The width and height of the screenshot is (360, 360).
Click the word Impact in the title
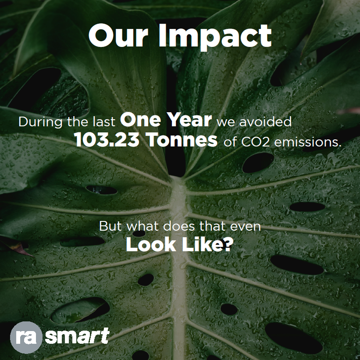(215, 36)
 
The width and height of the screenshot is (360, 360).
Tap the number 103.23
(107, 140)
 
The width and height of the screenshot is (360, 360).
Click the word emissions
(308, 142)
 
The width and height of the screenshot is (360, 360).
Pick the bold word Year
(189, 119)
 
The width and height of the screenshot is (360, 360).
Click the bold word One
(140, 120)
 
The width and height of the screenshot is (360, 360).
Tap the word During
(40, 122)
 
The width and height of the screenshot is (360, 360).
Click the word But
(110, 226)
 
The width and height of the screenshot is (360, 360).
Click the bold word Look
(150, 245)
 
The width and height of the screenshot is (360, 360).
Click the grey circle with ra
(26, 337)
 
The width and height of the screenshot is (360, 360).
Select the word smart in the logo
(77, 336)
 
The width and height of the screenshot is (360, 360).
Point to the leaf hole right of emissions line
(258, 162)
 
